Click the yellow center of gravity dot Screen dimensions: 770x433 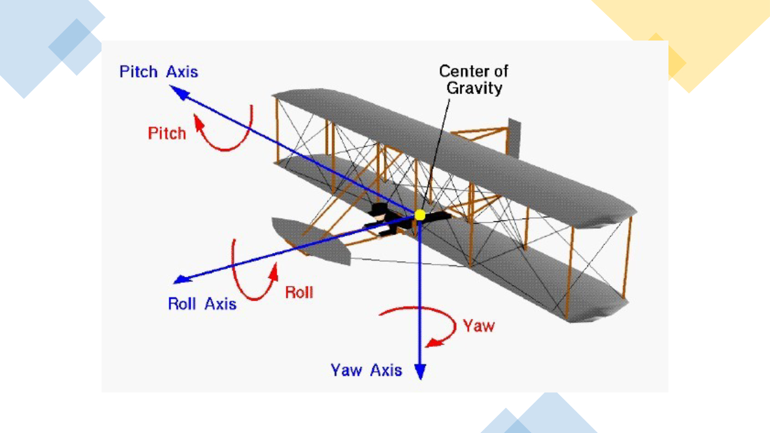point(420,215)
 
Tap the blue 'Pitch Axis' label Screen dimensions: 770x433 point(159,72)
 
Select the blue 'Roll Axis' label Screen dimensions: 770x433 point(202,303)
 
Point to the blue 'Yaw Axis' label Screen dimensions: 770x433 point(366,370)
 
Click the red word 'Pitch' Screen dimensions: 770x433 point(167,133)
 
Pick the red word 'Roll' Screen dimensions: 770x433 point(299,293)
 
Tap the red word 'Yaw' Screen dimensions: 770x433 point(479,326)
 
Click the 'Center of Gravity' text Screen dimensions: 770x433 point(473,79)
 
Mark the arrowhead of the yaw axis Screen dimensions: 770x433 point(420,371)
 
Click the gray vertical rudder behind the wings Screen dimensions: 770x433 point(514,138)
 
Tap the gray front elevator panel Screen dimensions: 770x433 point(310,241)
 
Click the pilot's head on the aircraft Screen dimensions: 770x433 point(379,217)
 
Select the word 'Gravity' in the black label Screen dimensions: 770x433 point(475,88)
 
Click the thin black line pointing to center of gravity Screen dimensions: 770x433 point(435,154)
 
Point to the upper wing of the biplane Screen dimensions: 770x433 point(454,157)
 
